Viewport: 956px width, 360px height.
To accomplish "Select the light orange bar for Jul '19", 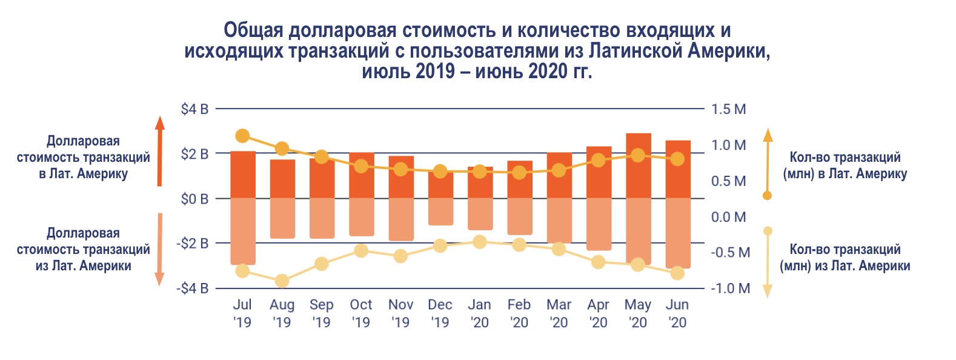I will point(242,230).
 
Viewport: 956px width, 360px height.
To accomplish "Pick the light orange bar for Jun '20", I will point(677,233).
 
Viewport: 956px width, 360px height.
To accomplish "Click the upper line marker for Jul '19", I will point(242,136).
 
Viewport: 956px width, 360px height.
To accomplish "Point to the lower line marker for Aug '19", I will point(282,281).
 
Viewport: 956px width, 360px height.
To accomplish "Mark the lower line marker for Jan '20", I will point(480,242).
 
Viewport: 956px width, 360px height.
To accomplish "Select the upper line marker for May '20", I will point(638,155).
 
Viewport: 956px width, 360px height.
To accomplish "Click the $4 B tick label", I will point(194,110).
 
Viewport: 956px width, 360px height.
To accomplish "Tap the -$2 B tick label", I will point(193,244).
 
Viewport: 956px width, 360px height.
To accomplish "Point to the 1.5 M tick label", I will point(728,110).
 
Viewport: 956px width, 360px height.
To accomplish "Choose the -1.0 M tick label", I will point(730,288).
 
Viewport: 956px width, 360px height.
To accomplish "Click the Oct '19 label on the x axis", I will point(361,313).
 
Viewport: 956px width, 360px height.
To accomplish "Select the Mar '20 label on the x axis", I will point(559,313).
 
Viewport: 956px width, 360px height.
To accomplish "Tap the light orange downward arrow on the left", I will point(160,248).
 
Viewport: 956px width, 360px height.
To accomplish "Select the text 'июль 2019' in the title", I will point(408,72).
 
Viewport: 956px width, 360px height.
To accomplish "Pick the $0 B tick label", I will point(194,199).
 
